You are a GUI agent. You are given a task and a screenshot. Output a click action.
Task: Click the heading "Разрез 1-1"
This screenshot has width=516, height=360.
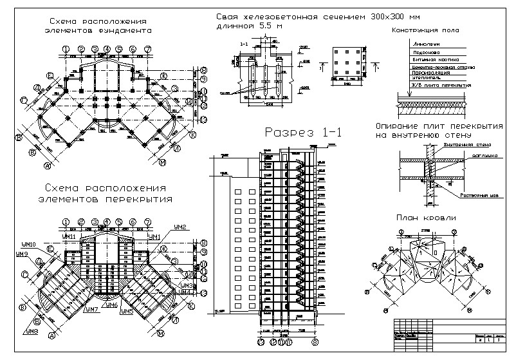click(x=302, y=133)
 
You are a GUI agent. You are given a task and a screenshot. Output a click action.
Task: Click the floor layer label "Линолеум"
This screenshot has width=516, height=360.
click(x=422, y=44)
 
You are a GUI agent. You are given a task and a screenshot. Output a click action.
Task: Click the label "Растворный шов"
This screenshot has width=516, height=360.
click(x=474, y=194)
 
